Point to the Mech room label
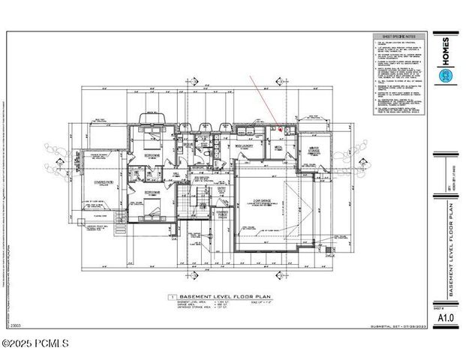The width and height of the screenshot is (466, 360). (278, 148)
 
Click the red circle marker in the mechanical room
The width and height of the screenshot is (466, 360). (280, 130)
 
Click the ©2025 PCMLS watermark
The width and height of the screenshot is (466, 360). (35, 345)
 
